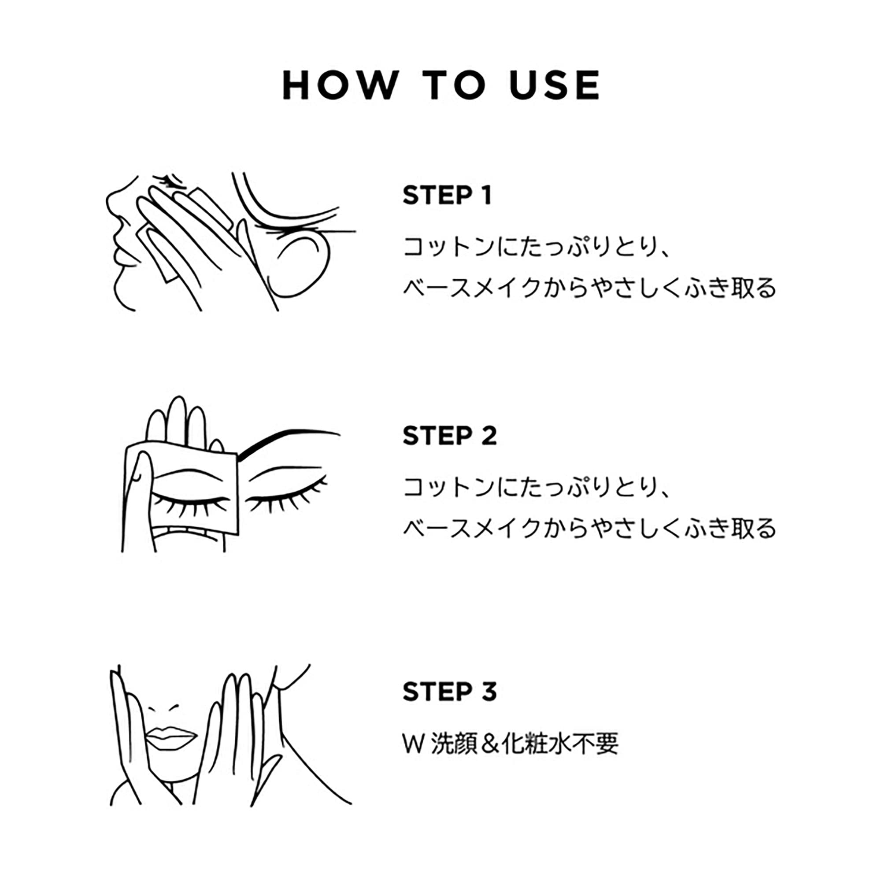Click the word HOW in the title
click(340, 85)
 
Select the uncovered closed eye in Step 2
click(285, 500)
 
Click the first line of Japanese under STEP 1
click(536, 247)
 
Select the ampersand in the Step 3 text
click(489, 744)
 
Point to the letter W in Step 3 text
click(414, 744)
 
